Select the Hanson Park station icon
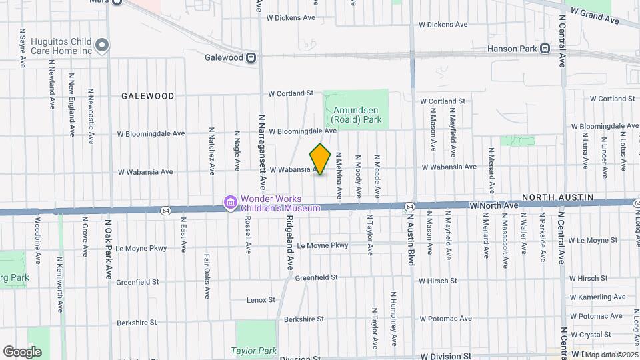tap(545, 48)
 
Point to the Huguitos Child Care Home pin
tap(102, 45)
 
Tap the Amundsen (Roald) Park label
tap(356, 115)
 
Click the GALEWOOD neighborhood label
tap(147, 96)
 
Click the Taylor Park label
tap(253, 350)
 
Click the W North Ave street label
tap(493, 206)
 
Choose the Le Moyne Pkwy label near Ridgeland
tap(323, 245)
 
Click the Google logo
tap(23, 351)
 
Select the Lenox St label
tap(261, 300)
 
